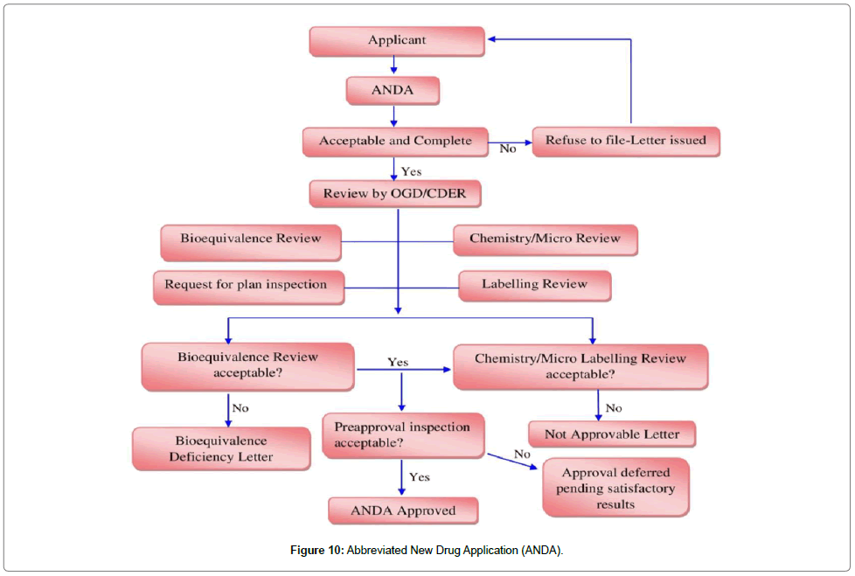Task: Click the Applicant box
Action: click(397, 40)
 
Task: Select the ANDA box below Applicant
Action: click(393, 90)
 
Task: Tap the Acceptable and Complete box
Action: click(395, 141)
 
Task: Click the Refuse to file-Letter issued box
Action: click(625, 141)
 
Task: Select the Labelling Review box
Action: click(534, 285)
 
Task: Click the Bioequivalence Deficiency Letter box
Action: click(221, 448)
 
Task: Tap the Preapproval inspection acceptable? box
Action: click(403, 435)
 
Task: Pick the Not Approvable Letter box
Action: click(611, 434)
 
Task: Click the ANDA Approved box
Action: click(403, 510)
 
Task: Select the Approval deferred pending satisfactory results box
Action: click(615, 488)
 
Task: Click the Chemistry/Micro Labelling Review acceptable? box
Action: click(580, 366)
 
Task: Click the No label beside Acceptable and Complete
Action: click(508, 149)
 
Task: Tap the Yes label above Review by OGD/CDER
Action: click(411, 171)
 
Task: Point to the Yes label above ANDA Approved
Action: click(420, 477)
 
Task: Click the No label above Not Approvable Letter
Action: click(614, 407)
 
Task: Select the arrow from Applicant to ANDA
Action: click(394, 65)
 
